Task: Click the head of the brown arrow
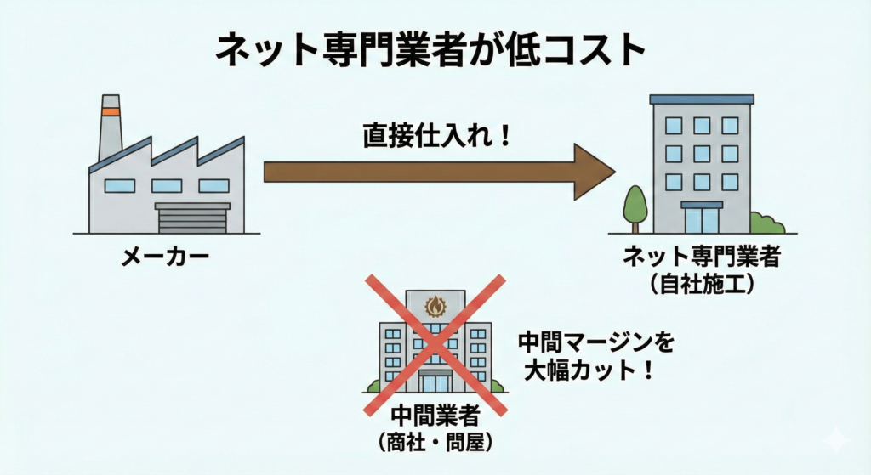595,173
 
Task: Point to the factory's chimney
111,127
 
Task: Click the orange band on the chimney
111,110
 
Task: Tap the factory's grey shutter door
192,219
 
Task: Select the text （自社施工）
702,285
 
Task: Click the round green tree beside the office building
635,203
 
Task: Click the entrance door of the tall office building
702,219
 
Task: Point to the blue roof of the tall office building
702,99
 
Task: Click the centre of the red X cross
435,343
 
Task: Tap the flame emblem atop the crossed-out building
435,304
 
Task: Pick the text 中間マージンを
596,344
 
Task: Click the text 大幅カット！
586,372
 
